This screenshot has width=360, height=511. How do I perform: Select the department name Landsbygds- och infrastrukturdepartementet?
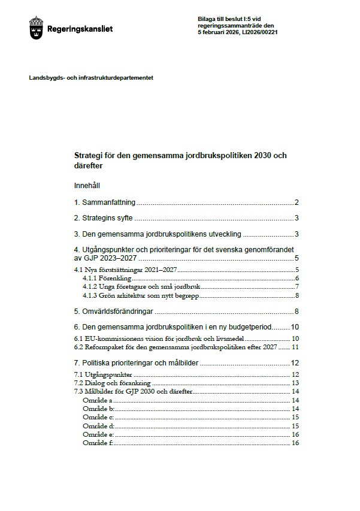coord(91,78)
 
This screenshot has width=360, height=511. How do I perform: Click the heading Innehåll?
coord(88,186)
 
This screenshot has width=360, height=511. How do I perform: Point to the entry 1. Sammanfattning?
coord(105,202)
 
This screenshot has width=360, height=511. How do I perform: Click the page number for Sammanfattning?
coord(296,202)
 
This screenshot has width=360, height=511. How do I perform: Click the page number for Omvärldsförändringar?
coord(296,312)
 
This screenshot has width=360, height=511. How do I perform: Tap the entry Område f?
coord(98,443)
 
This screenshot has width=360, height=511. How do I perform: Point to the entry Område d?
coord(98,425)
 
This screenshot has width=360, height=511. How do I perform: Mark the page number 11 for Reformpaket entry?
coord(295,347)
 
